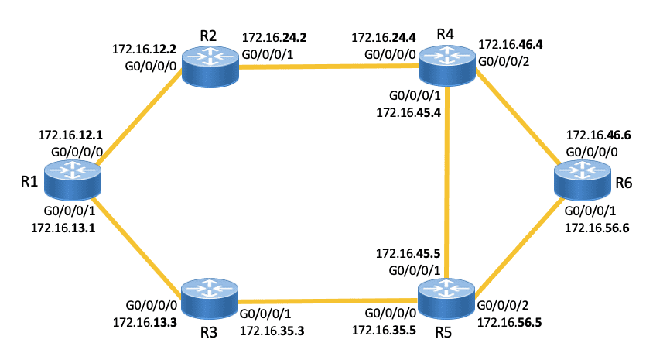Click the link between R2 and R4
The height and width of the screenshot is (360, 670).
329,67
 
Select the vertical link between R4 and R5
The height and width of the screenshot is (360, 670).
448,183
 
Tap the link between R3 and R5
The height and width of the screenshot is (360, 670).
329,301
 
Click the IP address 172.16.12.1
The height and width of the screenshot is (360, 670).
70,135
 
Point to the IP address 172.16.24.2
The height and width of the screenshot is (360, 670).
274,37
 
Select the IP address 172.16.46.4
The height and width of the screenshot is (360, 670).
511,46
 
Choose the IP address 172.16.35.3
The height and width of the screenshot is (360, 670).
272,331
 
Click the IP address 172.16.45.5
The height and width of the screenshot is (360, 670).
408,253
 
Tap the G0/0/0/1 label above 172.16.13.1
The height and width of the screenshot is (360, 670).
69,211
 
